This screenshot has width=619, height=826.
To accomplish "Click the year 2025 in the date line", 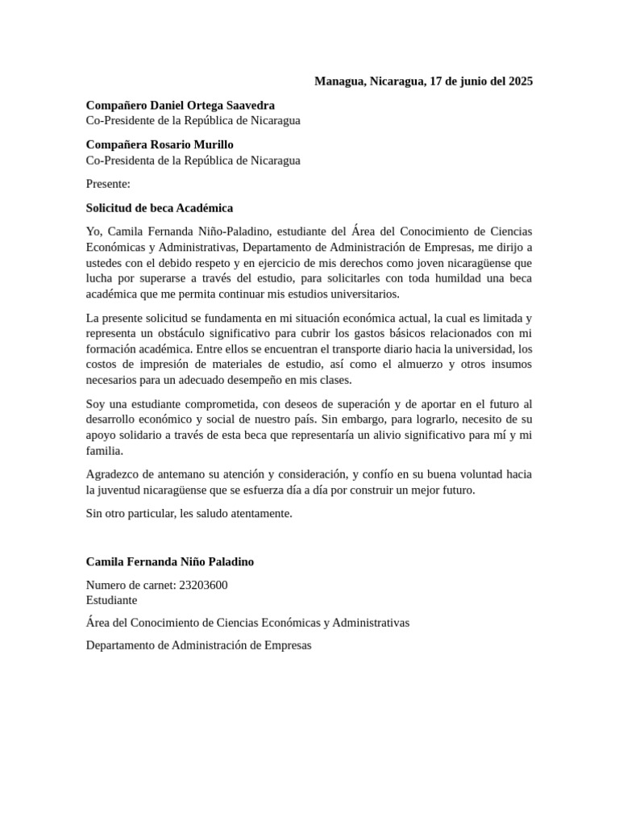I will (x=518, y=81).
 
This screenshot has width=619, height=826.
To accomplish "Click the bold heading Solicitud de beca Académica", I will (x=160, y=208).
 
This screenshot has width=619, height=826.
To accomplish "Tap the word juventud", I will (x=123, y=490).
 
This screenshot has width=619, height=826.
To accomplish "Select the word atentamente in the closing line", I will (x=260, y=513).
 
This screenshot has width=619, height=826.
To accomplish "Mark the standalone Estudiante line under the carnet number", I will (x=111, y=600).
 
